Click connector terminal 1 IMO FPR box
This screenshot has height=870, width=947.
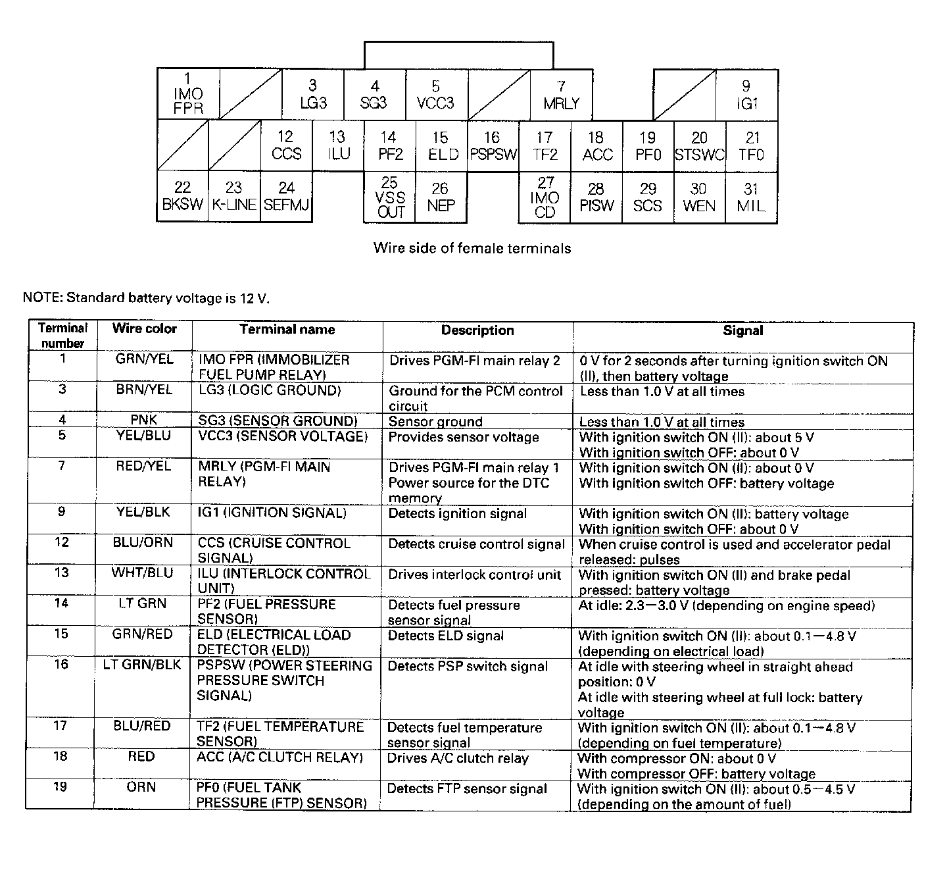tap(187, 94)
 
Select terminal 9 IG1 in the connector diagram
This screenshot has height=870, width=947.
tap(746, 95)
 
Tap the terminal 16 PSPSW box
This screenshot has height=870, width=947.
tap(493, 146)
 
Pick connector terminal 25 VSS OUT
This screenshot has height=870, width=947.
tap(389, 197)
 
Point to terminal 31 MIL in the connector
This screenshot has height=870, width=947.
tap(751, 197)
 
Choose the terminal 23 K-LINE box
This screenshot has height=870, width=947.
tap(234, 197)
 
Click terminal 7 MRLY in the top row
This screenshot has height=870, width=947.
tap(561, 95)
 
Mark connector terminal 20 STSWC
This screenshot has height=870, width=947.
tap(699, 146)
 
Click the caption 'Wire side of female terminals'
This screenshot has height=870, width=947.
tap(472, 248)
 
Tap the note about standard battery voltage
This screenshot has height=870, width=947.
tap(146, 298)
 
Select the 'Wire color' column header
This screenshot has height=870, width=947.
tap(145, 329)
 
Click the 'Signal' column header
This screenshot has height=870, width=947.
tap(742, 330)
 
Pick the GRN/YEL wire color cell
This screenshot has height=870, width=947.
tap(145, 360)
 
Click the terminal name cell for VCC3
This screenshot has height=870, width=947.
tap(283, 436)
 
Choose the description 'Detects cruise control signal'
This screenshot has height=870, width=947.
tap(476, 544)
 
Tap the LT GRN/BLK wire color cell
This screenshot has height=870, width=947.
tap(142, 665)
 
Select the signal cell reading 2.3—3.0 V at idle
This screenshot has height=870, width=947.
tap(727, 605)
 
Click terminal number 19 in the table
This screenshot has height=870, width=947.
tap(61, 787)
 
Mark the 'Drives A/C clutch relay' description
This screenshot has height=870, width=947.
tap(458, 758)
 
